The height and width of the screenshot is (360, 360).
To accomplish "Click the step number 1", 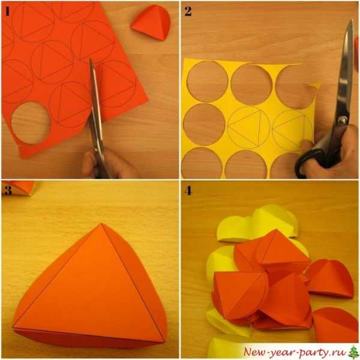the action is click(7, 11).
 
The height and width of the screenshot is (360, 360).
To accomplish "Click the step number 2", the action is click(188, 11).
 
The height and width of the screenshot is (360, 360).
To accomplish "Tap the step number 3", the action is click(8, 190).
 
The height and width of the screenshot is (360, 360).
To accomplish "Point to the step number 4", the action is click(188, 191).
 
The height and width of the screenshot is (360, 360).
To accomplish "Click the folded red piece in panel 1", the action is click(152, 23).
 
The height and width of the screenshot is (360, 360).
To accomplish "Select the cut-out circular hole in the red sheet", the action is click(31, 123).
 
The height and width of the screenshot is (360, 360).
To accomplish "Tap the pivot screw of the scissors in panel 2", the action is click(343, 120).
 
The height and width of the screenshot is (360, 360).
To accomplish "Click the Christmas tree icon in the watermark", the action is click(354, 352).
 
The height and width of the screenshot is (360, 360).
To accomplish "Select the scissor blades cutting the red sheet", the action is click(96, 103).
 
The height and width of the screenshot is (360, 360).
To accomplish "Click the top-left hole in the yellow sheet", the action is click(208, 81).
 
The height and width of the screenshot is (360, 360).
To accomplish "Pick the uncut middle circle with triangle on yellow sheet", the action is click(248, 127).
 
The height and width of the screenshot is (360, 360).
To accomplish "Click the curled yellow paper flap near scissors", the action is click(314, 86).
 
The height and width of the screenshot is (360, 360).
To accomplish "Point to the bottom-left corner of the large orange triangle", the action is click(13, 326).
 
